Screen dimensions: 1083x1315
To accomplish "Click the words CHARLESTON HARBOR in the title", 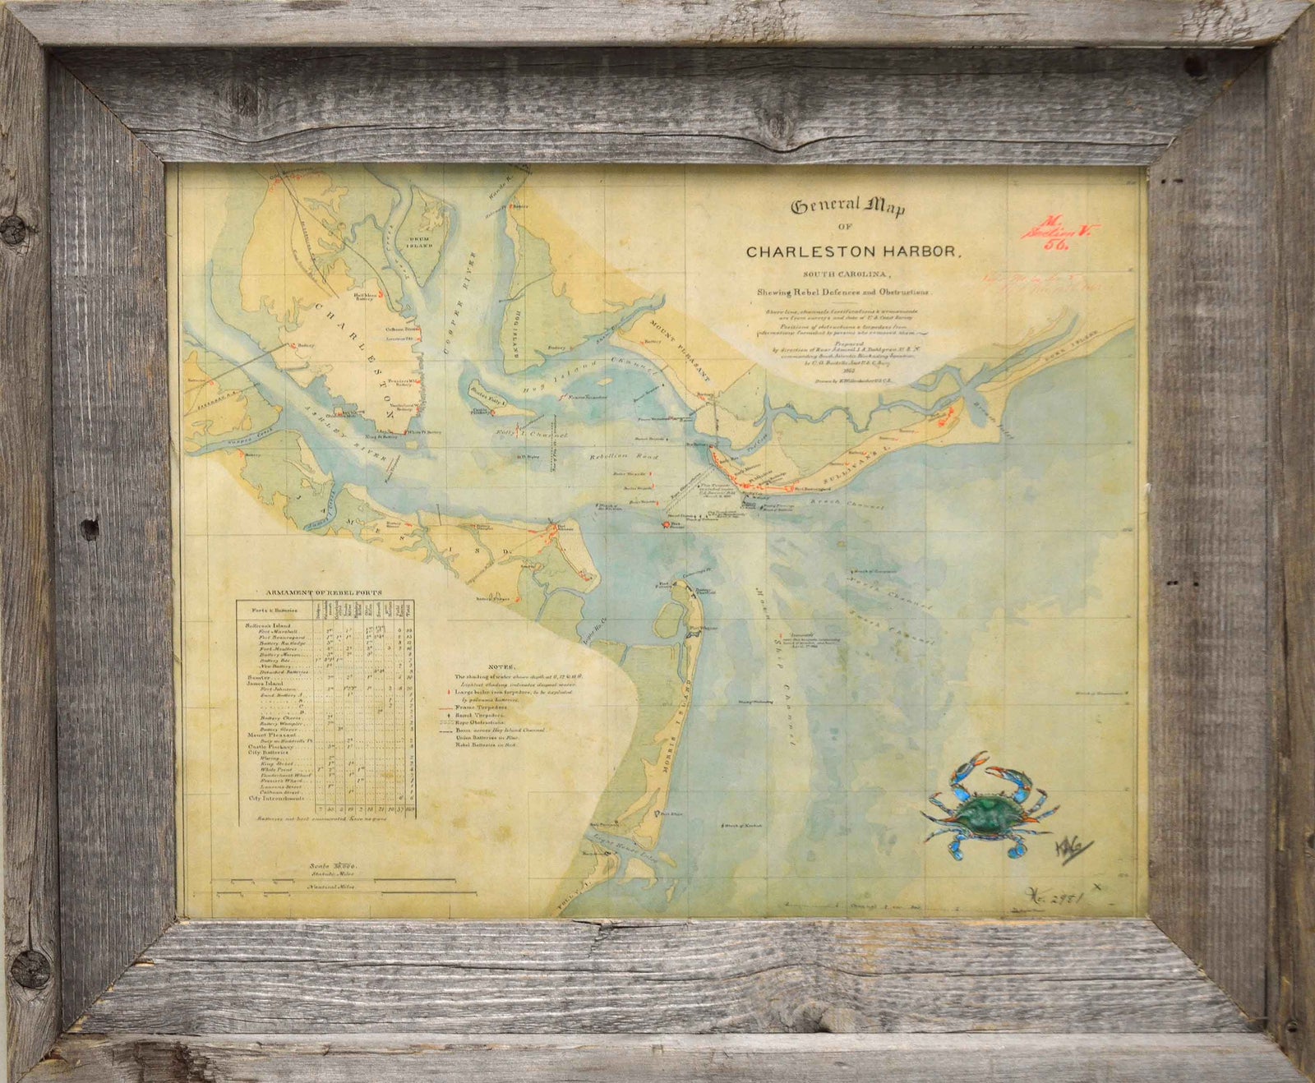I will [x=851, y=251].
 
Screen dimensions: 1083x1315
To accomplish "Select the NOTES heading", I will [x=501, y=666].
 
